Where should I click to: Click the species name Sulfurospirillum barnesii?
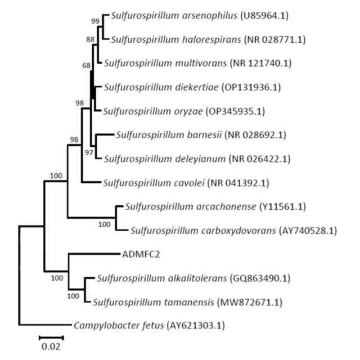coord(168,135)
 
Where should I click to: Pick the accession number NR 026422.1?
coord(264,159)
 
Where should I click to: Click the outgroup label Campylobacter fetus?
coord(115,326)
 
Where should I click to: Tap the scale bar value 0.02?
coord(51,346)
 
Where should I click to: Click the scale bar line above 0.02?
coord(51,337)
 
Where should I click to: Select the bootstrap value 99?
coord(95,21)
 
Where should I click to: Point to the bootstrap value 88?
coord(91,39)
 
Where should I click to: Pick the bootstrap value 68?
coord(86,66)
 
